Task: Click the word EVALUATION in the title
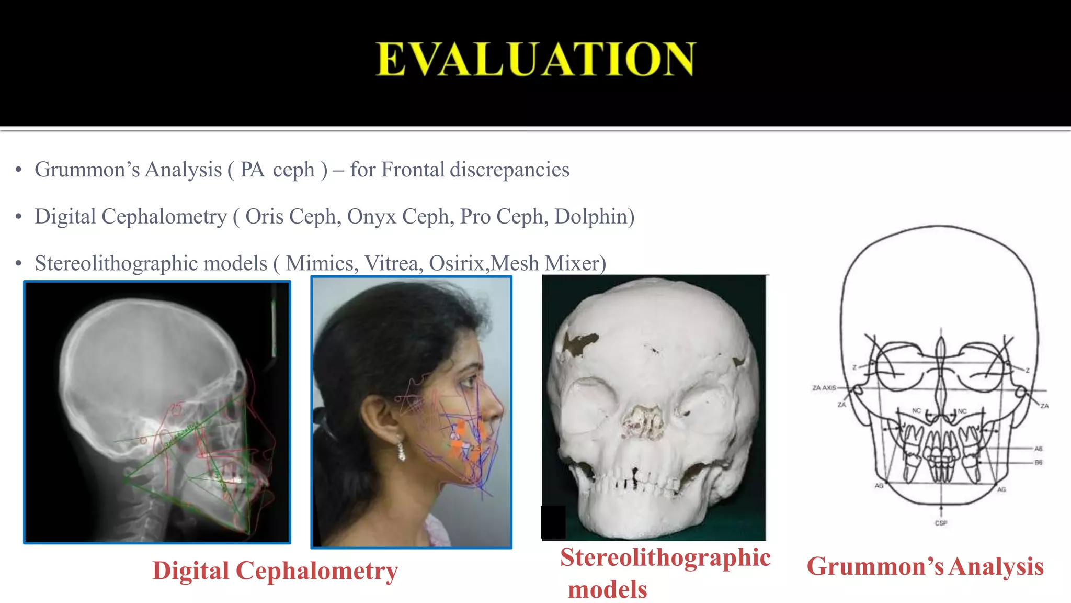(x=535, y=59)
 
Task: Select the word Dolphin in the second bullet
(x=591, y=217)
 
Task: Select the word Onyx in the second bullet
(x=371, y=217)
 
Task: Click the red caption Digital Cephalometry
(x=275, y=571)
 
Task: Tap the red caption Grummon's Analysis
(x=925, y=566)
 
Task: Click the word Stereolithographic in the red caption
(x=665, y=557)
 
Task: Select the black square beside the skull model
(x=553, y=522)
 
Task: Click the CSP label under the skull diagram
(x=941, y=523)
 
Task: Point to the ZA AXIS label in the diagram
(x=824, y=388)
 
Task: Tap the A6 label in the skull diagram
(x=1038, y=449)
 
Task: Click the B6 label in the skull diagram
(x=1038, y=462)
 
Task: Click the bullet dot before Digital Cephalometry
(x=19, y=217)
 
